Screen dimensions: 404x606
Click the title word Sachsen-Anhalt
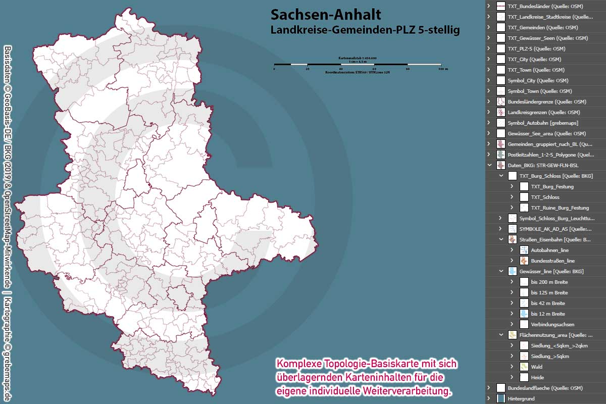point(326,15)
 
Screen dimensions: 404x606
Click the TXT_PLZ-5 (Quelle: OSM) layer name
point(536,48)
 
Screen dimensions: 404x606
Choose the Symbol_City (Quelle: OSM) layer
point(538,80)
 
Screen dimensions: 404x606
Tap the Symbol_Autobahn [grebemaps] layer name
point(543,123)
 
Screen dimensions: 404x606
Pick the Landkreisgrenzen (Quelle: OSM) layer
point(543,112)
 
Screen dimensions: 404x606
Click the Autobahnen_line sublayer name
point(550,250)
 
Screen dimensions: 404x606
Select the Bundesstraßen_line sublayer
point(552,261)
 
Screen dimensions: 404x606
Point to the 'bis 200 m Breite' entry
point(549,282)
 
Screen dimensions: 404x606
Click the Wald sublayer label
point(537,367)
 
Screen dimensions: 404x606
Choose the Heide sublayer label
point(537,377)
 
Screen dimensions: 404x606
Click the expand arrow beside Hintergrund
point(489,398)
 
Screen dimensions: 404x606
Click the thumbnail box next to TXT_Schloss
point(524,197)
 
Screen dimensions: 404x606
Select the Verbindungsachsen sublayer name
point(552,324)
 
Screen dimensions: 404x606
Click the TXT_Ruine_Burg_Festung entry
point(560,208)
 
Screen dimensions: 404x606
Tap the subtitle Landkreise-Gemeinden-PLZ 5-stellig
point(365,30)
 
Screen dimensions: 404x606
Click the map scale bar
point(357,65)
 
